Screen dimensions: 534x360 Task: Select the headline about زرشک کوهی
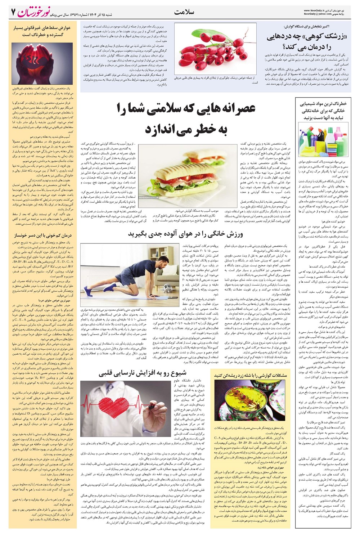tap(312, 41)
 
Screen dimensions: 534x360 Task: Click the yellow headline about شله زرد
tap(251, 375)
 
